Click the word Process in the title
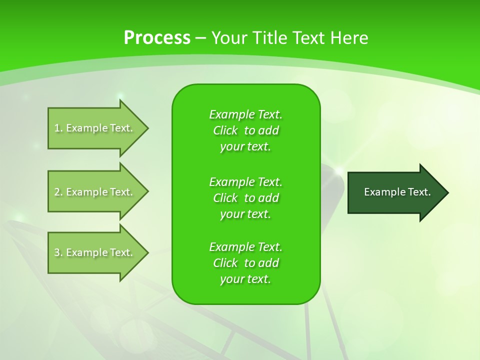pos(157,38)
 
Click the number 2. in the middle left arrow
pos(58,192)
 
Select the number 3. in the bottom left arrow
pos(58,252)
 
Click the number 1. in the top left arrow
pos(58,128)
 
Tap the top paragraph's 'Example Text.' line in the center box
pos(245,114)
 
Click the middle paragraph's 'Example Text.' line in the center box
pos(245,182)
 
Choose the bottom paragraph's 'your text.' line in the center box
pos(245,279)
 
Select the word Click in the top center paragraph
pos(225,130)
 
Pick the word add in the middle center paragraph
pos(269,198)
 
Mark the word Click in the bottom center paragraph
pos(225,263)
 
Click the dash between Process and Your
pos(200,38)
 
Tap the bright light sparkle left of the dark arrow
pos(338,171)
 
